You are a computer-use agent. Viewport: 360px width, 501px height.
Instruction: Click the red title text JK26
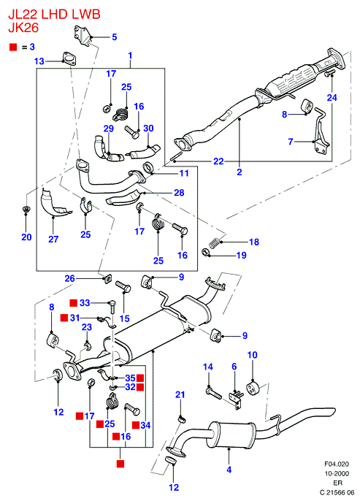(23, 28)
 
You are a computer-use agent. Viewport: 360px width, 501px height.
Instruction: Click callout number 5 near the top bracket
(115, 37)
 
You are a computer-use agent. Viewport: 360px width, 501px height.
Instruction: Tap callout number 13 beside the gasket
(39, 61)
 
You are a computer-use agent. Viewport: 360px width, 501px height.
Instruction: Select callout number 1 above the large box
(130, 56)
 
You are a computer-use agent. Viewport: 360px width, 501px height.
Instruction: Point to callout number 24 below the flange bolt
(332, 97)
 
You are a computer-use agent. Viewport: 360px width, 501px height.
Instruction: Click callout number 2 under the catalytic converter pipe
(240, 172)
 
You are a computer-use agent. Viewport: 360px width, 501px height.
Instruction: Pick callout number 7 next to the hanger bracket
(291, 141)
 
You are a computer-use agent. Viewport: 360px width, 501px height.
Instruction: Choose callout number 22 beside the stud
(218, 161)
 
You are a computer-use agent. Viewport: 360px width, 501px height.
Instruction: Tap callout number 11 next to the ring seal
(184, 173)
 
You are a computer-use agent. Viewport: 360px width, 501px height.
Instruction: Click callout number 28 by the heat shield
(179, 192)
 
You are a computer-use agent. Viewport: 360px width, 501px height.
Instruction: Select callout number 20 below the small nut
(26, 237)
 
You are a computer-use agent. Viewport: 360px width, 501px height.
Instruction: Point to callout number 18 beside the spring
(254, 242)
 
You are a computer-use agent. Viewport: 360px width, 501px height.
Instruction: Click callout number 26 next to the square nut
(70, 278)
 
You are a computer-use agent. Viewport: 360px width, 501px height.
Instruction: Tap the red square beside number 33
(74, 302)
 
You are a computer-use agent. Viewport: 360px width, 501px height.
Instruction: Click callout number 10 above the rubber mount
(253, 355)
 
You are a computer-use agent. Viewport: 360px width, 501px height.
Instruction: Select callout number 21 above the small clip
(180, 394)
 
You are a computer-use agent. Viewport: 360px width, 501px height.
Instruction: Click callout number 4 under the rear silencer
(229, 470)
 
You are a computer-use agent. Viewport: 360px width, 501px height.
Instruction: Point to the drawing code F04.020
(337, 464)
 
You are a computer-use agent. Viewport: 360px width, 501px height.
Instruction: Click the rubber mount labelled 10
(253, 387)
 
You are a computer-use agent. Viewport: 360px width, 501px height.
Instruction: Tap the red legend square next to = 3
(13, 47)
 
